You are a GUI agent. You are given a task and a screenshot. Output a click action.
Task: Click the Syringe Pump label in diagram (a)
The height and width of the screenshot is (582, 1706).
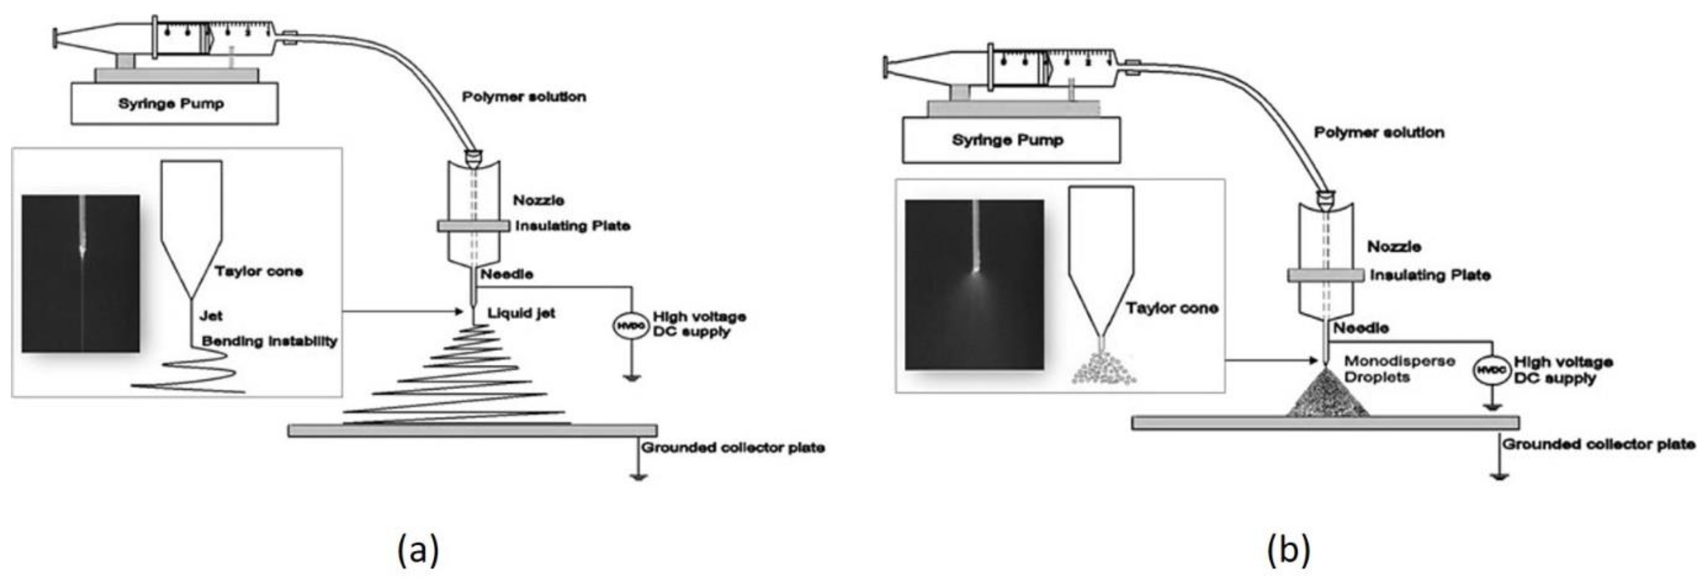[171, 104]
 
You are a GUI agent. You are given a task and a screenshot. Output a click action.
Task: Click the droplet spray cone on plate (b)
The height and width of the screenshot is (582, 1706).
[1327, 396]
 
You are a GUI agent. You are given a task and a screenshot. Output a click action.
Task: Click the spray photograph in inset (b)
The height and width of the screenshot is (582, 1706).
[974, 285]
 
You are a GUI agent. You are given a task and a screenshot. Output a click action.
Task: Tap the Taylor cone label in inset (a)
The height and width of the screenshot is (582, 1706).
[258, 271]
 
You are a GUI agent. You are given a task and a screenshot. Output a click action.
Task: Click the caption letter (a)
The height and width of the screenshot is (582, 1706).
[418, 549]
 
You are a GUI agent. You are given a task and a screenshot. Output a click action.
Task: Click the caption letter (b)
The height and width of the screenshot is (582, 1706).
[1288, 549]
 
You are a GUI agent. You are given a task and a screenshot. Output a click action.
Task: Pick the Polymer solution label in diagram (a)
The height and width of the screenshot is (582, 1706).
[524, 97]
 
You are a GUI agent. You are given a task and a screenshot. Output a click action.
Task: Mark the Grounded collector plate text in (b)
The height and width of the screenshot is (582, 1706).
[1598, 444]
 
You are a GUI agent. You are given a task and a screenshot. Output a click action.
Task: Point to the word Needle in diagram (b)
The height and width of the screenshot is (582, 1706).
[1361, 328]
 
